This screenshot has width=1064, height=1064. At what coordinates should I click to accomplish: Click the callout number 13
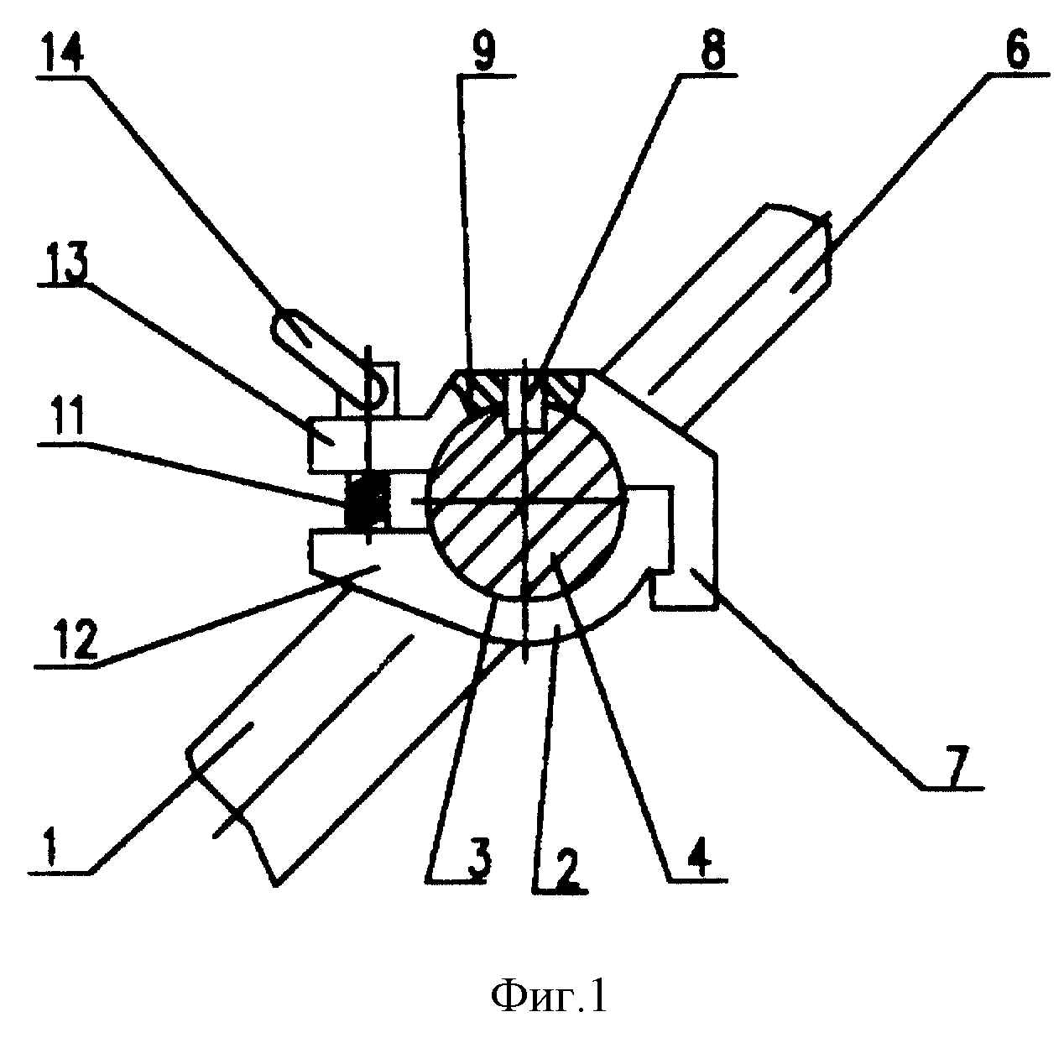[x=67, y=263]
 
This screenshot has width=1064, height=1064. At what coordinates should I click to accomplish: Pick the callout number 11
[x=66, y=419]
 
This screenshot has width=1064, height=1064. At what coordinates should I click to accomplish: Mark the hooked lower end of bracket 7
[x=684, y=588]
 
